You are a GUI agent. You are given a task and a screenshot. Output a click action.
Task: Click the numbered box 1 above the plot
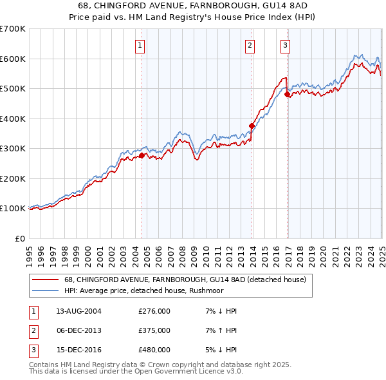click(x=140, y=45)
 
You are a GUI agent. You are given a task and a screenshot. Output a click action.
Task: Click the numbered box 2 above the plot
click(x=250, y=45)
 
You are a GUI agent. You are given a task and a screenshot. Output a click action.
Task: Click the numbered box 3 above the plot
click(x=285, y=45)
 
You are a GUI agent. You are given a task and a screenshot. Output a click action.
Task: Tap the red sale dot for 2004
click(x=142, y=155)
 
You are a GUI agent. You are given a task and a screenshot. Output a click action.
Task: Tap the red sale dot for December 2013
click(x=252, y=126)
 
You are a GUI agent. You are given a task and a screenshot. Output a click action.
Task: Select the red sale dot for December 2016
click(x=288, y=95)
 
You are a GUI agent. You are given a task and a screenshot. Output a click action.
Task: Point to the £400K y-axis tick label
click(x=13, y=119)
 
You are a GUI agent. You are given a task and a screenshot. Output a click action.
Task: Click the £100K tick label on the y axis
click(x=13, y=209)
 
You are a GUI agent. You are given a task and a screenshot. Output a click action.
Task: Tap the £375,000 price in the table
click(x=154, y=330)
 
